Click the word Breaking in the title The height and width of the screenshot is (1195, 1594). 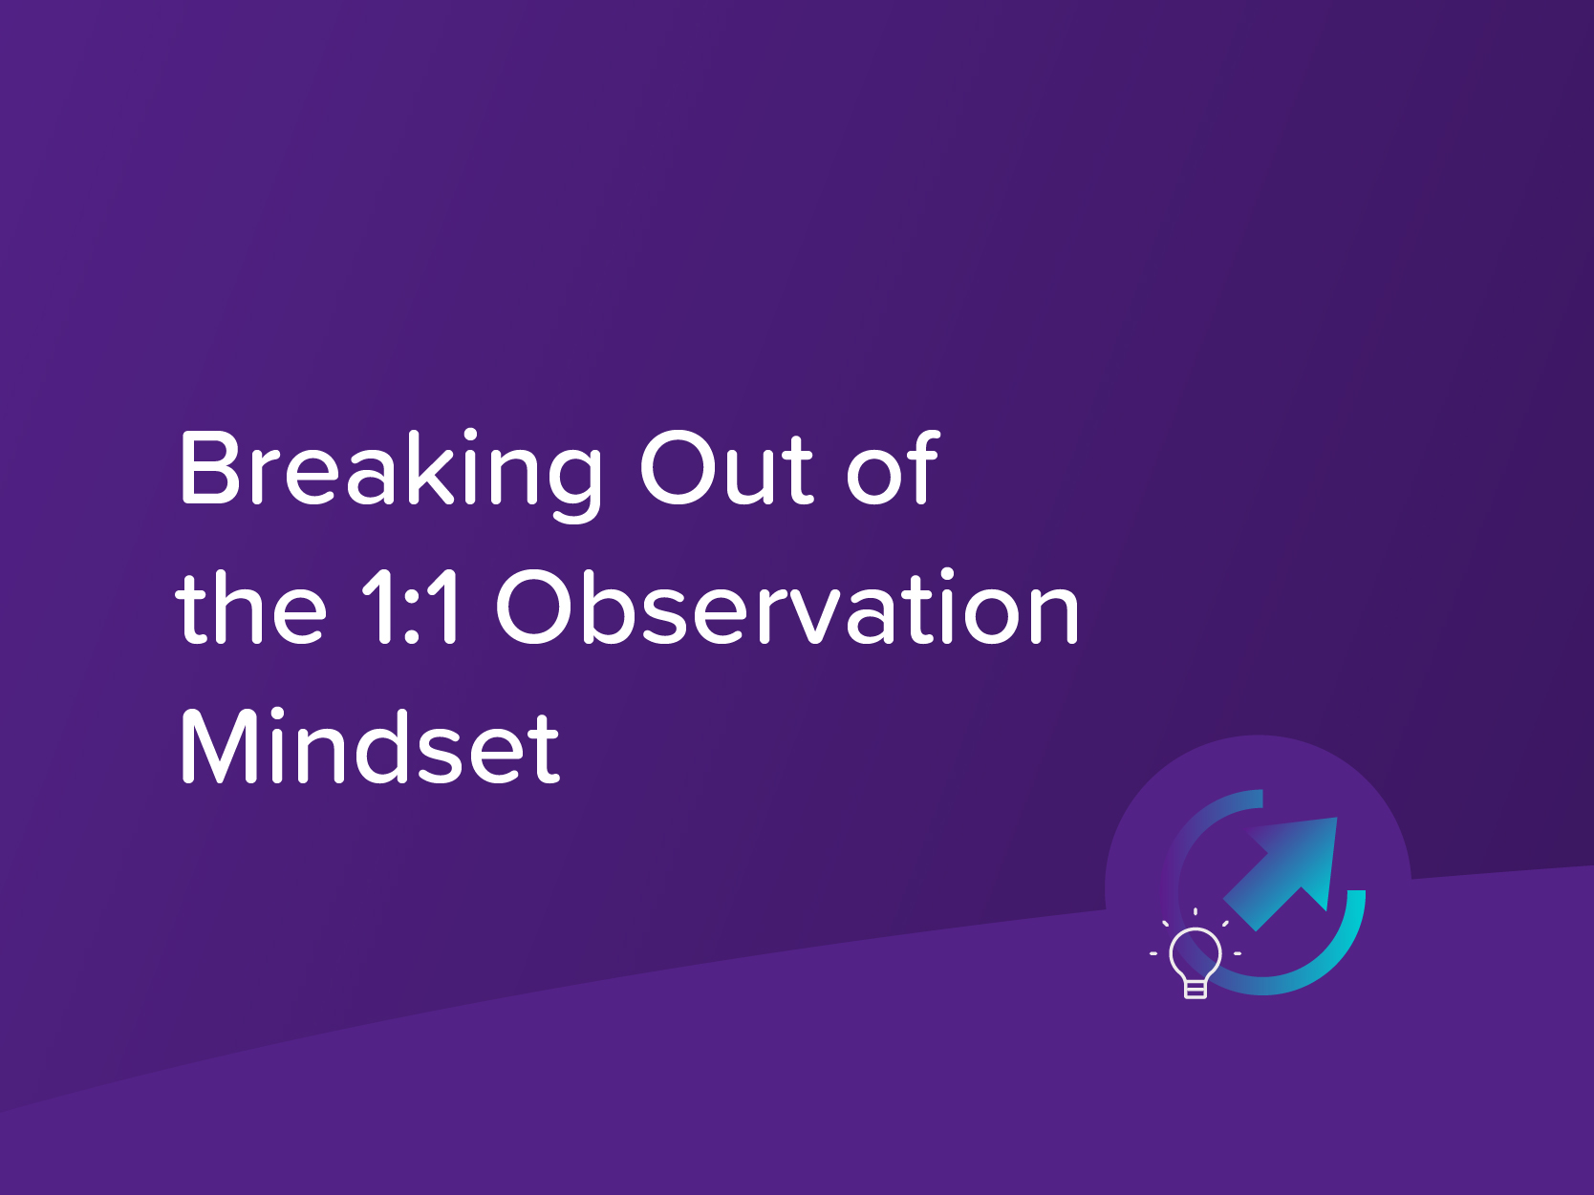[x=390, y=470]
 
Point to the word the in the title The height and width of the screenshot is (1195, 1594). [x=251, y=608]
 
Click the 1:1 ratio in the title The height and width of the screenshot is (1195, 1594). [x=411, y=608]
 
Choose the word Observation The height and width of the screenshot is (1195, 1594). [x=786, y=608]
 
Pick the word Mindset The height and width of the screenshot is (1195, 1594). [x=370, y=747]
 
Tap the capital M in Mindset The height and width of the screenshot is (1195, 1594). [x=218, y=747]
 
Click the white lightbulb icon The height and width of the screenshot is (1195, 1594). [x=1195, y=961]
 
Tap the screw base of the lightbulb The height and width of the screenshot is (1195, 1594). [x=1195, y=990]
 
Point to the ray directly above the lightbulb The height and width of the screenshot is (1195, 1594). [x=1195, y=911]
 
